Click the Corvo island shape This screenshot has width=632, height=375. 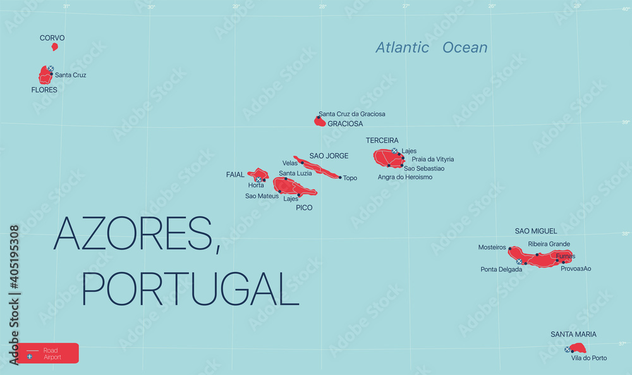pos(54,46)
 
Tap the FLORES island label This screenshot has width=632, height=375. pos(44,90)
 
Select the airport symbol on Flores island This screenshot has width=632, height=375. pos(51,68)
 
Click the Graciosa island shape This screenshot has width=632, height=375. pos(320,121)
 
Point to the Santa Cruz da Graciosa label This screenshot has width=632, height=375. pos(352,114)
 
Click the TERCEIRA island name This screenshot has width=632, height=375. pos(382,140)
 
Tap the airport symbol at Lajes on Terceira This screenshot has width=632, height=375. pos(395,151)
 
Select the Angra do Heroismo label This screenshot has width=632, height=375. pos(405,177)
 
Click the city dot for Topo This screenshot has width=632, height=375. pos(340,178)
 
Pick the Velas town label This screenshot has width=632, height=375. pos(290,163)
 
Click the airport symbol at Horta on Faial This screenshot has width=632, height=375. pos(258,180)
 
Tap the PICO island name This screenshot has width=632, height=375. pos(304,207)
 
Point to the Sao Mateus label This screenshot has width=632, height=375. pos(262,196)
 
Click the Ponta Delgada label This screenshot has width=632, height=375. pos(501,269)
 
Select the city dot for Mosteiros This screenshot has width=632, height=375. pos(509,249)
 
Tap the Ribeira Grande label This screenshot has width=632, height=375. pos(549,243)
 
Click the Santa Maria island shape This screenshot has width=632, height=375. pos(578,348)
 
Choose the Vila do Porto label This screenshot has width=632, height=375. pos(588,358)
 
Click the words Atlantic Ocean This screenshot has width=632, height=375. pos(432,47)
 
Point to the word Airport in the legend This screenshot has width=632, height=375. pos(52,357)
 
